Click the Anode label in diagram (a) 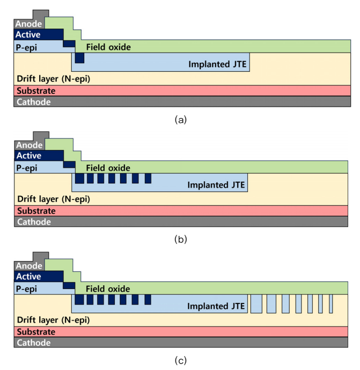pyautogui.click(x=28, y=24)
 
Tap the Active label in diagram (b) pyautogui.click(x=29, y=156)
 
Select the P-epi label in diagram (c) pyautogui.click(x=26, y=289)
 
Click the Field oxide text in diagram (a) pyautogui.click(x=108, y=47)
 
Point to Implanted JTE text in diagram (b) pyautogui.click(x=216, y=185)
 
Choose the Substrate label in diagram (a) pyautogui.click(x=36, y=91)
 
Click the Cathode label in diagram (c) pyautogui.click(x=34, y=343)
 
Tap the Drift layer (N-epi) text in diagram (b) pyautogui.click(x=54, y=199)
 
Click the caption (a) pyautogui.click(x=181, y=120)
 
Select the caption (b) pyautogui.click(x=181, y=239)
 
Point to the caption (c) pyautogui.click(x=181, y=360)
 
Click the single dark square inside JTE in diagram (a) pyautogui.click(x=79, y=58)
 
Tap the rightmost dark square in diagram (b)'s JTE pyautogui.click(x=148, y=179)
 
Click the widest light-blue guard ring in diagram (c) pyautogui.click(x=256, y=304)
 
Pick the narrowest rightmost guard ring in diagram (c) pyautogui.click(x=331, y=304)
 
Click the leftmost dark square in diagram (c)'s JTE pyautogui.click(x=79, y=299)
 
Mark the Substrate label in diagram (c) pyautogui.click(x=36, y=332)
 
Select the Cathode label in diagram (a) pyautogui.click(x=34, y=102)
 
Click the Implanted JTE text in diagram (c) pyautogui.click(x=216, y=306)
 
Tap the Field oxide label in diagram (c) pyautogui.click(x=108, y=289)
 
